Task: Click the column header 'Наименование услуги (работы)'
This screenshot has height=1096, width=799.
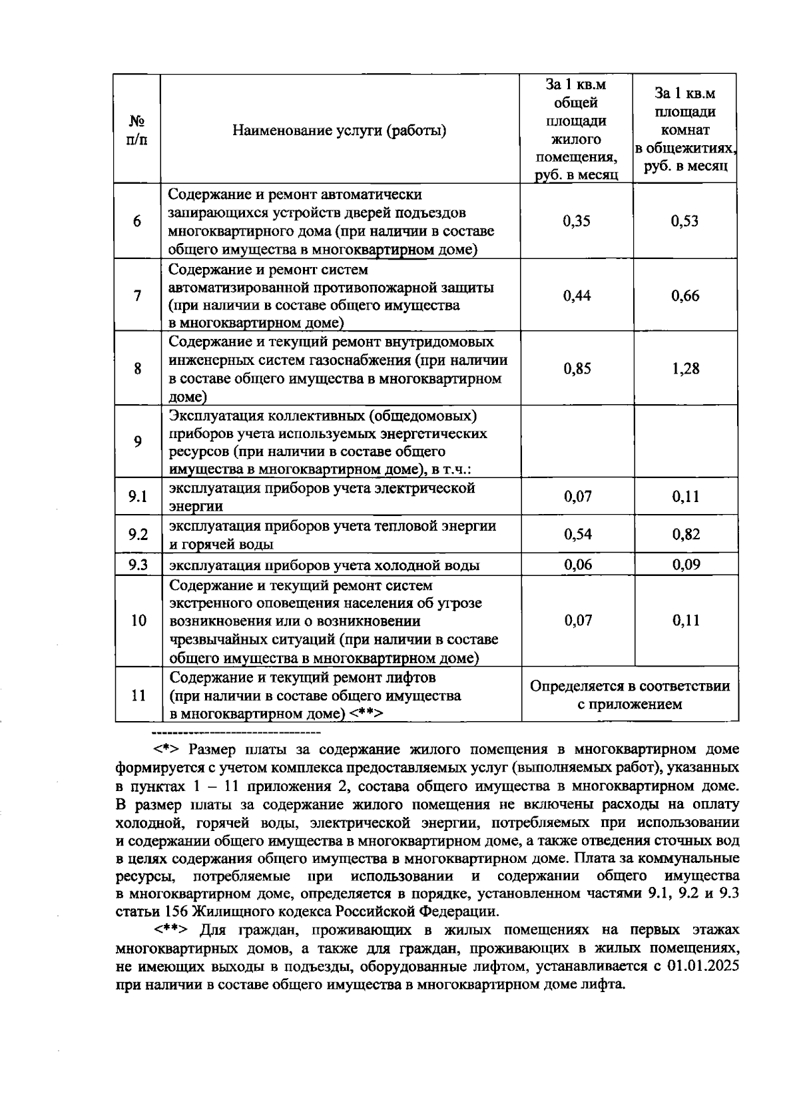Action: click(339, 131)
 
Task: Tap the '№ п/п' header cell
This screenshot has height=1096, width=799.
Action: click(137, 131)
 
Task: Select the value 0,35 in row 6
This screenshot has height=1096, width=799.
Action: click(576, 221)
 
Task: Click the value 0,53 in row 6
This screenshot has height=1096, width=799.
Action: click(685, 221)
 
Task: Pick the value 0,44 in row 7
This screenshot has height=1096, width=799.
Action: click(577, 296)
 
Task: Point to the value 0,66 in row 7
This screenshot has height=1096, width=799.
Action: click(685, 296)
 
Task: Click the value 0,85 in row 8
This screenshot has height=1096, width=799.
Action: click(577, 369)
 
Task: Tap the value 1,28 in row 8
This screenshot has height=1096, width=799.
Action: click(685, 369)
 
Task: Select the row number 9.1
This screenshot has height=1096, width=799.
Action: click(138, 497)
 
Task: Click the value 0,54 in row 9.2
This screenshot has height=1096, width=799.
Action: click(577, 534)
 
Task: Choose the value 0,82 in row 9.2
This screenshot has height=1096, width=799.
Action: click(685, 534)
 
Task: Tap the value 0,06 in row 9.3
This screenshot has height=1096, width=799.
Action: click(577, 565)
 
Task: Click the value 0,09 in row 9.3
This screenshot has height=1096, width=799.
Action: click(685, 565)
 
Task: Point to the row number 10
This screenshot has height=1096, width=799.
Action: click(138, 621)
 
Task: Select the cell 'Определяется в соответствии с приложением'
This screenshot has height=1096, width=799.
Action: click(629, 694)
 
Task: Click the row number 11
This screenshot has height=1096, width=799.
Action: click(138, 695)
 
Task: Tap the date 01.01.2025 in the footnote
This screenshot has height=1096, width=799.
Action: click(702, 966)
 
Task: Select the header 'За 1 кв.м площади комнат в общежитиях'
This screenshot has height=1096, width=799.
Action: click(685, 131)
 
